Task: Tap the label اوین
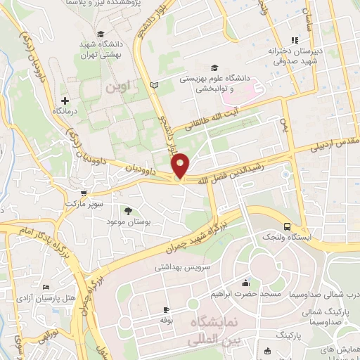point(118,89)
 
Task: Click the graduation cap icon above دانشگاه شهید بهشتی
point(101,34)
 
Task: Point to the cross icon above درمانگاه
point(65,101)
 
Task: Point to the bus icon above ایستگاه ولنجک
point(286,226)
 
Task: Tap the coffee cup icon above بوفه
point(166,309)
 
